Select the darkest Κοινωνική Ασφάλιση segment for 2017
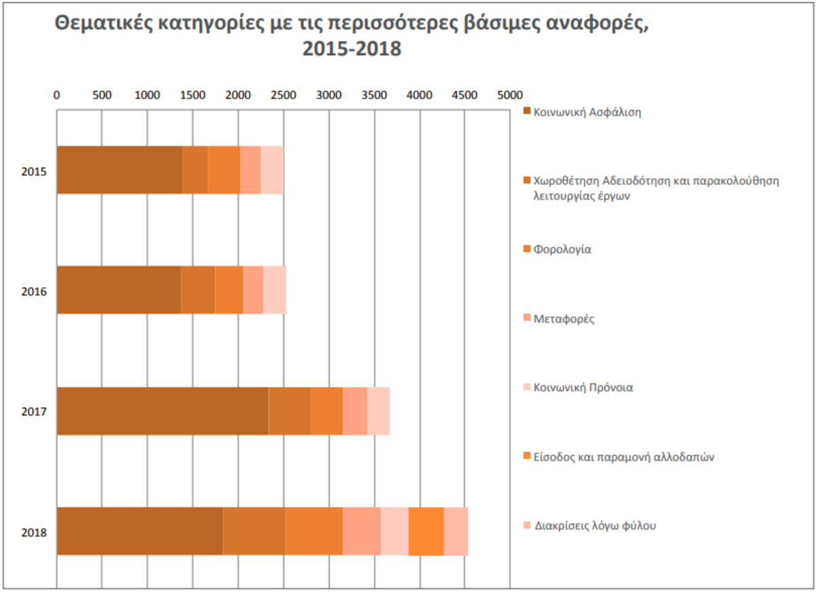[x=163, y=411]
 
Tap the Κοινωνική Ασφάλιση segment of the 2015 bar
[x=120, y=170]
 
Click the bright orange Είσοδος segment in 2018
[x=426, y=531]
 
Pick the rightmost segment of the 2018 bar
[x=456, y=531]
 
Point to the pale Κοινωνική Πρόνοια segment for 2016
[x=275, y=290]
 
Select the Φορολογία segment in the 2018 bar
[x=314, y=531]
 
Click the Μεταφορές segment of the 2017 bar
[x=355, y=411]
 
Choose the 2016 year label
[x=34, y=291]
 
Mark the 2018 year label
[x=34, y=532]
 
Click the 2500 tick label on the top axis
[x=283, y=94]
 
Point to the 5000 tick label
[x=510, y=94]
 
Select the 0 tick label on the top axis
[x=57, y=94]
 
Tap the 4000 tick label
[x=420, y=94]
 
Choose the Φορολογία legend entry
[x=562, y=249]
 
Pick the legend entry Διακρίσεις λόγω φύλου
[x=595, y=526]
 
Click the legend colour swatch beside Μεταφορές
[x=526, y=319]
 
